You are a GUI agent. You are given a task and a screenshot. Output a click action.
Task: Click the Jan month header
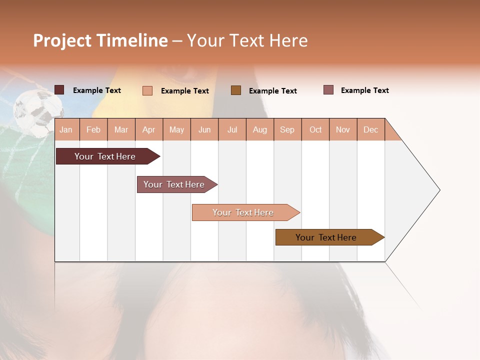click(66, 129)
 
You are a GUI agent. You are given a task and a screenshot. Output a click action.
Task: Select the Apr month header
click(149, 129)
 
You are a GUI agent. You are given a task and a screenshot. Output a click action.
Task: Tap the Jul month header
click(232, 129)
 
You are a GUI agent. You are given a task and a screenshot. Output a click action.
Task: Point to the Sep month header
click(287, 129)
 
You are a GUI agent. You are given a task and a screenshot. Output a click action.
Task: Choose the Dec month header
click(370, 129)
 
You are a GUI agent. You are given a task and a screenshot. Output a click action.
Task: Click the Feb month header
click(93, 129)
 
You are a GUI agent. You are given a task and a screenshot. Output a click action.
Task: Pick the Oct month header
click(315, 129)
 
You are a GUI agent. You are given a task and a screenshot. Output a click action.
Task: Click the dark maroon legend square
click(59, 90)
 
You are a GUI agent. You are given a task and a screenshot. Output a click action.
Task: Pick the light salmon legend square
click(147, 90)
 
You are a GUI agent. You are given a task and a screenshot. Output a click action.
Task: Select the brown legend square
click(236, 90)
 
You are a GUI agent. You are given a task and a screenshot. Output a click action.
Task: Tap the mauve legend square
click(328, 90)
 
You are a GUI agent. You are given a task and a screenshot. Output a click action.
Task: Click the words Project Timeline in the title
click(100, 40)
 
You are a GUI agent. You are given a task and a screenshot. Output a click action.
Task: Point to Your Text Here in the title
click(247, 40)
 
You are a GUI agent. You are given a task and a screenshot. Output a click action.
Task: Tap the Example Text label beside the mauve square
click(364, 90)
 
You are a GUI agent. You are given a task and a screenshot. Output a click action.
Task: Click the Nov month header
click(343, 129)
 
